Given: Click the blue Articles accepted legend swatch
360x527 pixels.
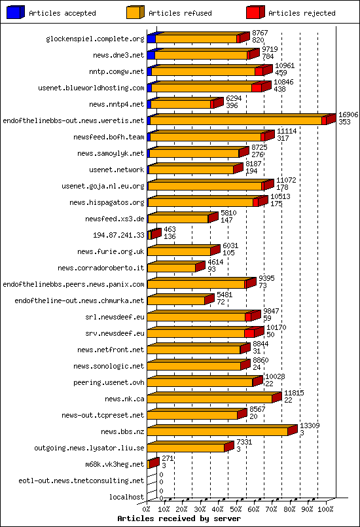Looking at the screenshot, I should coord(16,12).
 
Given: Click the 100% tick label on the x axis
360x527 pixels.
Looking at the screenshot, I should coord(325,509).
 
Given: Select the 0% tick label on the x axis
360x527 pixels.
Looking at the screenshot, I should coord(147,509).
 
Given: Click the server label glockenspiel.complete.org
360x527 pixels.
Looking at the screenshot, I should coord(95,39).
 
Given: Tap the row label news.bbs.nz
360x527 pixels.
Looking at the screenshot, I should coord(122,431).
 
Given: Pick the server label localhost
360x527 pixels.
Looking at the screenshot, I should coord(127,497).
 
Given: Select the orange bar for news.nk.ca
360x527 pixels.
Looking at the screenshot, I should coord(209,399).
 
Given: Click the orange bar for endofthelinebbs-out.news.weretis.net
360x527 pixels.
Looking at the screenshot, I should coord(236,120).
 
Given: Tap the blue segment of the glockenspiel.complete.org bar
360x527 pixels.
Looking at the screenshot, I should coord(151,39).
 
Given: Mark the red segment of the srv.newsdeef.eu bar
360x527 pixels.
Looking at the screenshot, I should coord(249,333).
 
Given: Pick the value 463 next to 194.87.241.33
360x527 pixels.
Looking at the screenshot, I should coord(170,229).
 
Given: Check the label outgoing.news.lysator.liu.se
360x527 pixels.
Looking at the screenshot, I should coord(89,448).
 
